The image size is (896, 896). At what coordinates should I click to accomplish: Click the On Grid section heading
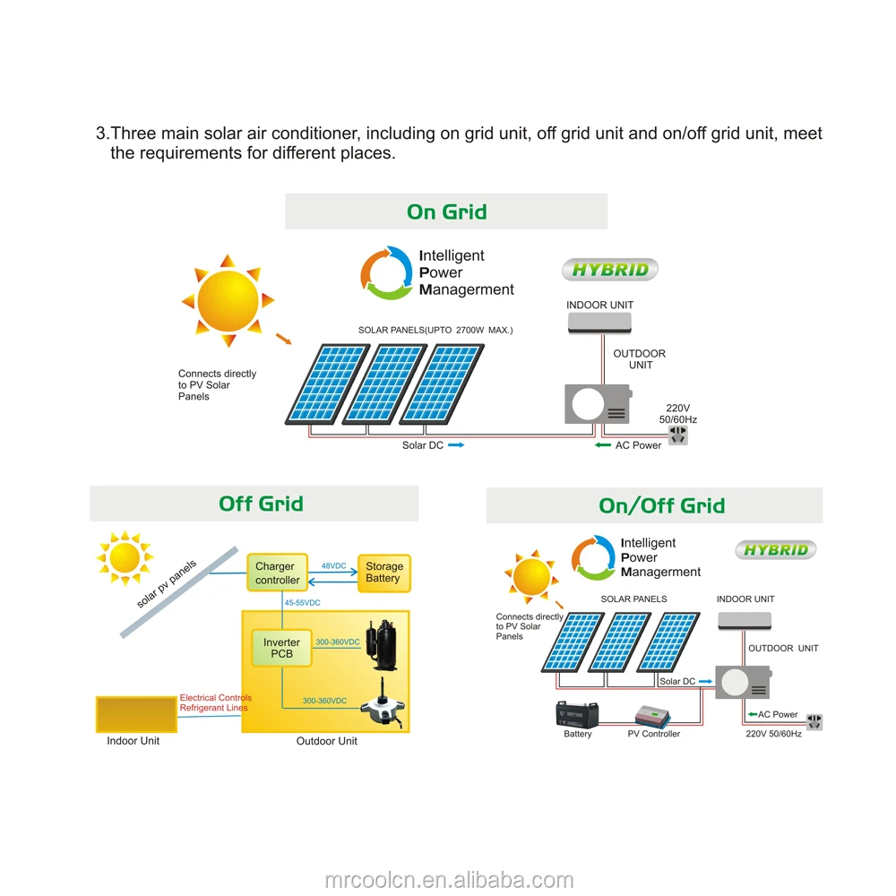pos(447,212)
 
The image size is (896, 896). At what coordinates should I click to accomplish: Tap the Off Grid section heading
pos(261,504)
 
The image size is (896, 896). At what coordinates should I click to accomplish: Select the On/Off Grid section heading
pos(662,505)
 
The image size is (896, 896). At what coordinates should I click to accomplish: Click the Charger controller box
pos(278,573)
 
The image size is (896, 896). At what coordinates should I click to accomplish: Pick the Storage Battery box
pos(384,573)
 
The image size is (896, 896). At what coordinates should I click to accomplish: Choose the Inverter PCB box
pos(281,648)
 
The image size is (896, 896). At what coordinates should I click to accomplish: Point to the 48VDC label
pos(333,565)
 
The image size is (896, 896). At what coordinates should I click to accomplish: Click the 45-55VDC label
pos(302,602)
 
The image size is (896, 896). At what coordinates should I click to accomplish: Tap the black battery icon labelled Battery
pos(577,714)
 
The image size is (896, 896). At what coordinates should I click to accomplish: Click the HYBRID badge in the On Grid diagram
pos(610,270)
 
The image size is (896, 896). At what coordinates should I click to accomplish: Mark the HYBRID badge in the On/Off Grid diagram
pos(775,550)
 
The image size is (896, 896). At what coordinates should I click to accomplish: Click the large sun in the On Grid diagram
pos(228,300)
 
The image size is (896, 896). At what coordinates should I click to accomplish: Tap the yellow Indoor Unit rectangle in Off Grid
pos(136,714)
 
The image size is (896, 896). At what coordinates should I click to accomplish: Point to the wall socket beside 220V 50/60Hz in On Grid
pos(678,435)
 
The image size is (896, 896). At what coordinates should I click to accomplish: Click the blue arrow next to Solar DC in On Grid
pos(456,445)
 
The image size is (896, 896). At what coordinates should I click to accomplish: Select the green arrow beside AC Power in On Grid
pos(603,445)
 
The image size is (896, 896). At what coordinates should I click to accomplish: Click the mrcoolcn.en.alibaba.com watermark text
pos(449,880)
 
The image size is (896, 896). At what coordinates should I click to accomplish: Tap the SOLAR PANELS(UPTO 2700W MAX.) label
pos(435,331)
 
